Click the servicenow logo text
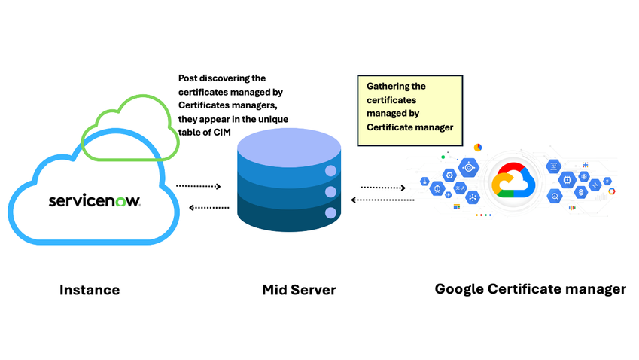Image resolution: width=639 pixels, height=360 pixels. (95, 200)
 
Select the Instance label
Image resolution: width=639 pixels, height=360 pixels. (90, 290)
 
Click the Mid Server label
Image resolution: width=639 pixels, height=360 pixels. (299, 290)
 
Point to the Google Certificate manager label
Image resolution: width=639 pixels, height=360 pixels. (530, 289)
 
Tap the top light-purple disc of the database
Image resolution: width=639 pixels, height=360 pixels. (289, 147)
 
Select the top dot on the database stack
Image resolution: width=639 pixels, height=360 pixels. (330, 171)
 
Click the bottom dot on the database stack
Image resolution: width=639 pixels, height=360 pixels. (330, 213)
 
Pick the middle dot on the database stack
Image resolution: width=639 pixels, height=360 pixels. (330, 191)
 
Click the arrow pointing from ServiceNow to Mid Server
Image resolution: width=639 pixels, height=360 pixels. (199, 186)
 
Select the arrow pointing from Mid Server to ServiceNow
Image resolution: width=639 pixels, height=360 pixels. (209, 208)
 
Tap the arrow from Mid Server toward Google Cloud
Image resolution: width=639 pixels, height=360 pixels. (384, 188)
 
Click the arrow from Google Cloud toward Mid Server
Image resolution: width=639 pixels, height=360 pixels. (382, 200)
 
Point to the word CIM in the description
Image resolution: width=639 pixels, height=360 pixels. (222, 132)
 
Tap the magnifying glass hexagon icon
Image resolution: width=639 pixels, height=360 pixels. (555, 197)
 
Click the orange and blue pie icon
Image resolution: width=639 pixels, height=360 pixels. (478, 147)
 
